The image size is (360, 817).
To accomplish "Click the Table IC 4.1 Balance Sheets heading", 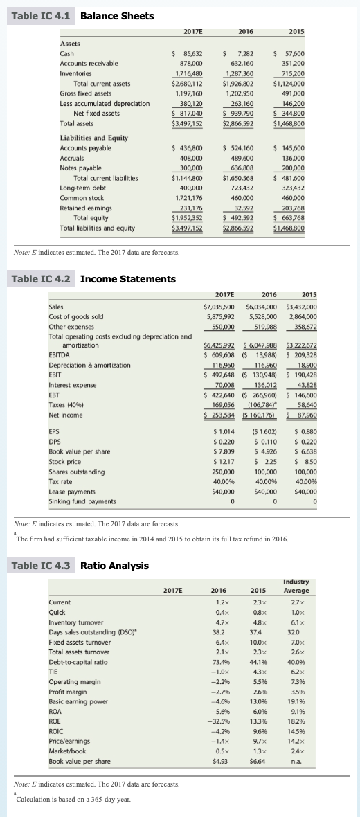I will coord(83,15).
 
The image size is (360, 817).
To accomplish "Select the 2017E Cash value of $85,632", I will coord(187,53).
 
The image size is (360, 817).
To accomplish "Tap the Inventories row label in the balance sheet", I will coord(77,73).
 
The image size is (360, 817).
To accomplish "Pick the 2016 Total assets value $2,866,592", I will coord(237,123).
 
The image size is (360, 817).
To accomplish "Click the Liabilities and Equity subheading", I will coord(94,138).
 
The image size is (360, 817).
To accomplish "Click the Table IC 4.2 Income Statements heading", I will coord(93,279).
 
